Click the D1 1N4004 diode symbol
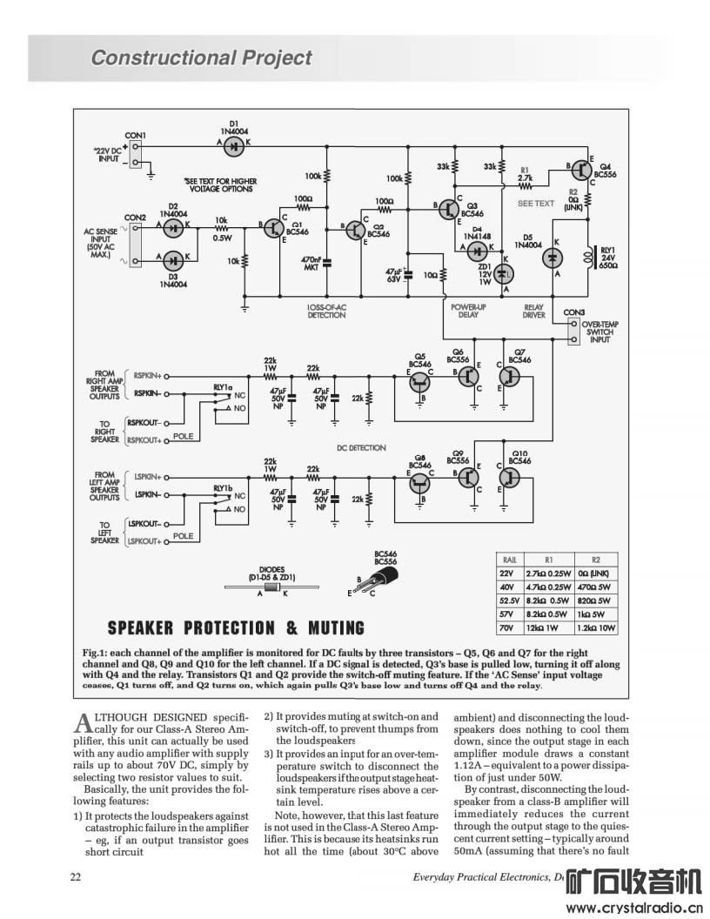235,146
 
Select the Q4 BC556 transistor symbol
582,170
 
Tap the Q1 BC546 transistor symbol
274,228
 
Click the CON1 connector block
136,153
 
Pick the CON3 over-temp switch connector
573,332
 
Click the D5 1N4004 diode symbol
553,258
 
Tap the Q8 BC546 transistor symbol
419,483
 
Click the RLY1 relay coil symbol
586,258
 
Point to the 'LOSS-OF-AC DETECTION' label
327,312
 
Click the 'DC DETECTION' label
361,448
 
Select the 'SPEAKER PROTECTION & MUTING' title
236,628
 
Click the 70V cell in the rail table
506,627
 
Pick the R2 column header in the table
596,560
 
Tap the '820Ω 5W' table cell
594,600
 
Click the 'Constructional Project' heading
201,57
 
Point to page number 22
76,877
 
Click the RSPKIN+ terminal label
147,376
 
